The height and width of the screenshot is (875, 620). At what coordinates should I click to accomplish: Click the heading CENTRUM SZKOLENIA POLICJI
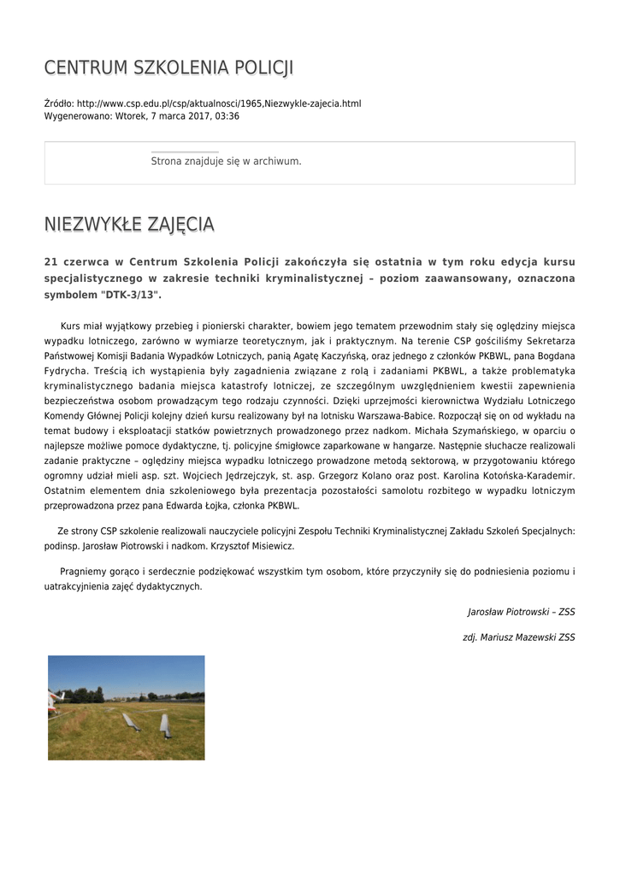(168, 68)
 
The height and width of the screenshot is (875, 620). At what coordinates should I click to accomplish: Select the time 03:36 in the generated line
(227, 116)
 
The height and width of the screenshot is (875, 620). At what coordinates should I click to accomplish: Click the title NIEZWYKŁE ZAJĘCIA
(129, 225)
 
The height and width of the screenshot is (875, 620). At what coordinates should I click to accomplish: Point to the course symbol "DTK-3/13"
(131, 294)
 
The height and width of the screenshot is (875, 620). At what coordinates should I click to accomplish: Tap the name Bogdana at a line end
(553, 355)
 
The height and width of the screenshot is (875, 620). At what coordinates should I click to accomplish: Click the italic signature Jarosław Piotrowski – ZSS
(521, 612)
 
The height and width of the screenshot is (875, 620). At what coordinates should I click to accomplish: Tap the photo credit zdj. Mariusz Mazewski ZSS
(518, 637)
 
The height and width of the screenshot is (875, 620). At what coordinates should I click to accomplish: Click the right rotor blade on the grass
(165, 725)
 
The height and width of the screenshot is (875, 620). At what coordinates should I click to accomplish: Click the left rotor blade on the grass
(131, 721)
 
